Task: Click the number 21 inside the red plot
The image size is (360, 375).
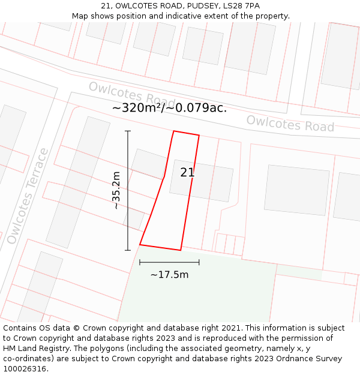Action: point(187,173)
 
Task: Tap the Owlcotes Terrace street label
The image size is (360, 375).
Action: point(27,196)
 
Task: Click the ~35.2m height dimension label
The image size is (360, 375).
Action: point(116,190)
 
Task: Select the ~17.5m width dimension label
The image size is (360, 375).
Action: point(169,275)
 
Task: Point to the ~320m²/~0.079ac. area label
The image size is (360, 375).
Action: point(169,108)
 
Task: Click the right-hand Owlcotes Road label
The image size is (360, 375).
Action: point(290,123)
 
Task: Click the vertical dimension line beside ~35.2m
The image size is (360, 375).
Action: point(128,190)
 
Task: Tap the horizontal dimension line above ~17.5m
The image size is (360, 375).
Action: point(169,262)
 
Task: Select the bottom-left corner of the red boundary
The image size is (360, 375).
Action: point(140,245)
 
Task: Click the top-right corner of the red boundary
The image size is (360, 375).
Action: point(199,135)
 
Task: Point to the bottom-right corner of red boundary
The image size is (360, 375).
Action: point(181,250)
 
